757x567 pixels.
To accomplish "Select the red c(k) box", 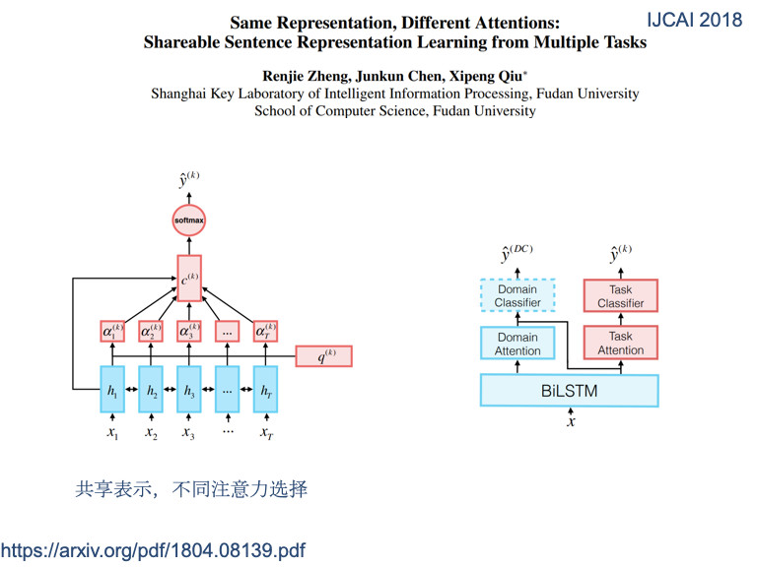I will click(x=189, y=278).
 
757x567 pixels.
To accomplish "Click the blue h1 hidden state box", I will click(x=113, y=392).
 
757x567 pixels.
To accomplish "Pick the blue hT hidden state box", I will click(x=266, y=392).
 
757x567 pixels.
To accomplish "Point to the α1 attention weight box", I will click(x=113, y=333).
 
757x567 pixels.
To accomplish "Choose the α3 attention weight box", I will click(x=189, y=333).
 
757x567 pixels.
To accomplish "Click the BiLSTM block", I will click(x=569, y=391).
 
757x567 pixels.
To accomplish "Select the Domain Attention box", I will click(x=517, y=344).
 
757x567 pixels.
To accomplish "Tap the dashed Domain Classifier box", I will click(x=517, y=296).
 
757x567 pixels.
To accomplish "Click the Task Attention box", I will click(x=621, y=344).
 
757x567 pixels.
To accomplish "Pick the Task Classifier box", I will click(x=621, y=296).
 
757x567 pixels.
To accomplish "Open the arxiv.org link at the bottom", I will click(x=153, y=548).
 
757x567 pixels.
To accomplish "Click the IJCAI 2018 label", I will click(x=695, y=20).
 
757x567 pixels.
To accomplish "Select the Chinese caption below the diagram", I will click(x=192, y=488).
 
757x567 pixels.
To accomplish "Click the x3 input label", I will click(x=188, y=432).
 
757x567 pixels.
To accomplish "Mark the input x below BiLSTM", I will click(x=570, y=422).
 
